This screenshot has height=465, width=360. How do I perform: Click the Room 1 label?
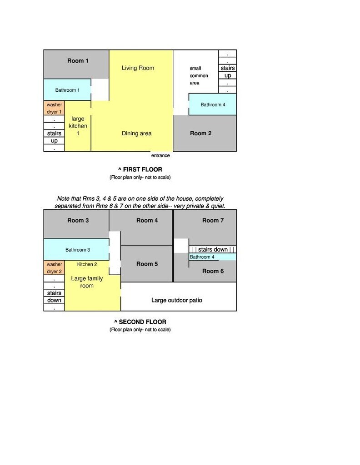tap(78, 61)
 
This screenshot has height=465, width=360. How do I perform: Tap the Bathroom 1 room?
tap(67, 90)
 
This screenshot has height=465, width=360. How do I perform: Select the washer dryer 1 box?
tap(54, 108)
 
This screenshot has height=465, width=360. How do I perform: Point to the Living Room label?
tap(138, 68)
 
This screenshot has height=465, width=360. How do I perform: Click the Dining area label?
tap(136, 134)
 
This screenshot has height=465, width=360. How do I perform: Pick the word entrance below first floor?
tap(160, 155)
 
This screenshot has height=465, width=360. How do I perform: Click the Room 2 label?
tap(201, 134)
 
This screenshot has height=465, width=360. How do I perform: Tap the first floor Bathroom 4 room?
tap(212, 104)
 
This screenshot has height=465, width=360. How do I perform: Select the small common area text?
tap(199, 76)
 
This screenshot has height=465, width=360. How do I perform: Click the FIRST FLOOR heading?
tap(140, 169)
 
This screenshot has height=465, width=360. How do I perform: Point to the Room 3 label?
tap(78, 220)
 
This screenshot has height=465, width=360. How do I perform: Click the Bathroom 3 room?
tap(76, 249)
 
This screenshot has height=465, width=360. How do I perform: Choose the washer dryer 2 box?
tap(54, 268)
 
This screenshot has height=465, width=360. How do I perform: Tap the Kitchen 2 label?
tap(87, 264)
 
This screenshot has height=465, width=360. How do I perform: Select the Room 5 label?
tap(147, 264)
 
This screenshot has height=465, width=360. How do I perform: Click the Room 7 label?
tap(213, 220)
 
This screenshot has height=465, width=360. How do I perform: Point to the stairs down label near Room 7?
tap(213, 250)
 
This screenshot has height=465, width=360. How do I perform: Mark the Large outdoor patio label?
tap(176, 300)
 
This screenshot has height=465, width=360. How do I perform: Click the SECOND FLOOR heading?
tap(140, 322)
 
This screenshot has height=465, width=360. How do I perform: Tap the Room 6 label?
tap(213, 271)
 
